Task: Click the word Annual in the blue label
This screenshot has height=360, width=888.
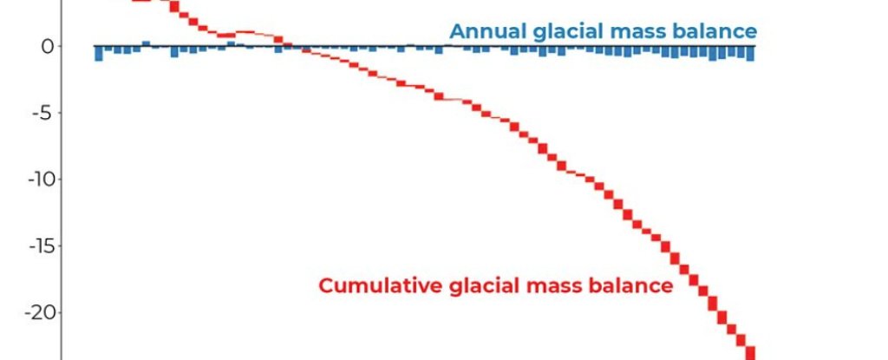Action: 489,32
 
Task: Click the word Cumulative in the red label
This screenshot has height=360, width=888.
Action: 381,285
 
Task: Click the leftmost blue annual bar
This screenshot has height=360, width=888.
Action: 99,53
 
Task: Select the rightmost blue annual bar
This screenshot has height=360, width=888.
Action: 750,53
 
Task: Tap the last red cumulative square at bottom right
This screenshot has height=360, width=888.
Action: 750,353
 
